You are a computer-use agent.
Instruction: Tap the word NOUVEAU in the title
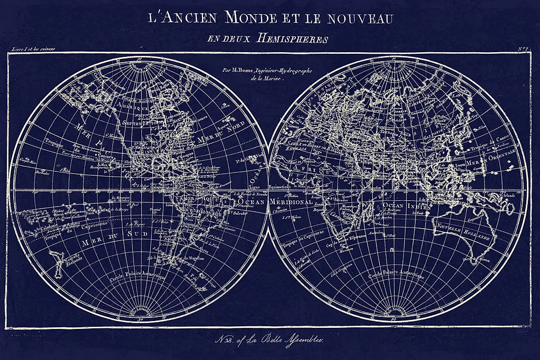pyautogui.click(x=361, y=19)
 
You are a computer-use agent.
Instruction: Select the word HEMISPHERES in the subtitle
pyautogui.click(x=292, y=38)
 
